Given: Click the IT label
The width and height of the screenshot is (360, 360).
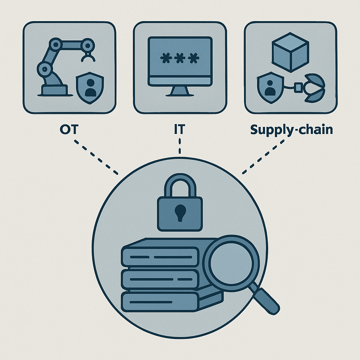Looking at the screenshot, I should coord(179,130).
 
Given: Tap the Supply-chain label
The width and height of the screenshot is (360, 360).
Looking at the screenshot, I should coord(291,130).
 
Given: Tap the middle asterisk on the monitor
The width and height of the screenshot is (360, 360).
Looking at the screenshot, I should coord(179,58).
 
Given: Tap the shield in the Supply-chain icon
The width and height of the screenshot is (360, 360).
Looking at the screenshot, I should coord(270,88).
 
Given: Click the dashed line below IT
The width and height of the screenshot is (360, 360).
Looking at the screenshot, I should coord(180,146).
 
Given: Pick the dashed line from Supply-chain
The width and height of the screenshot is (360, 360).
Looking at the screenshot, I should coord(263,157).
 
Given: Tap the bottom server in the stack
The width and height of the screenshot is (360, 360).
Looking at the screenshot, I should coord(160,302).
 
